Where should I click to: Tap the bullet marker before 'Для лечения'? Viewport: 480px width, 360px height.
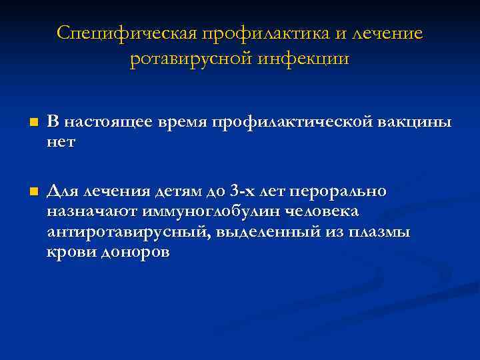pos(33,193)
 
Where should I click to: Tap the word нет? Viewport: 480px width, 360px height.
pos(61,141)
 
